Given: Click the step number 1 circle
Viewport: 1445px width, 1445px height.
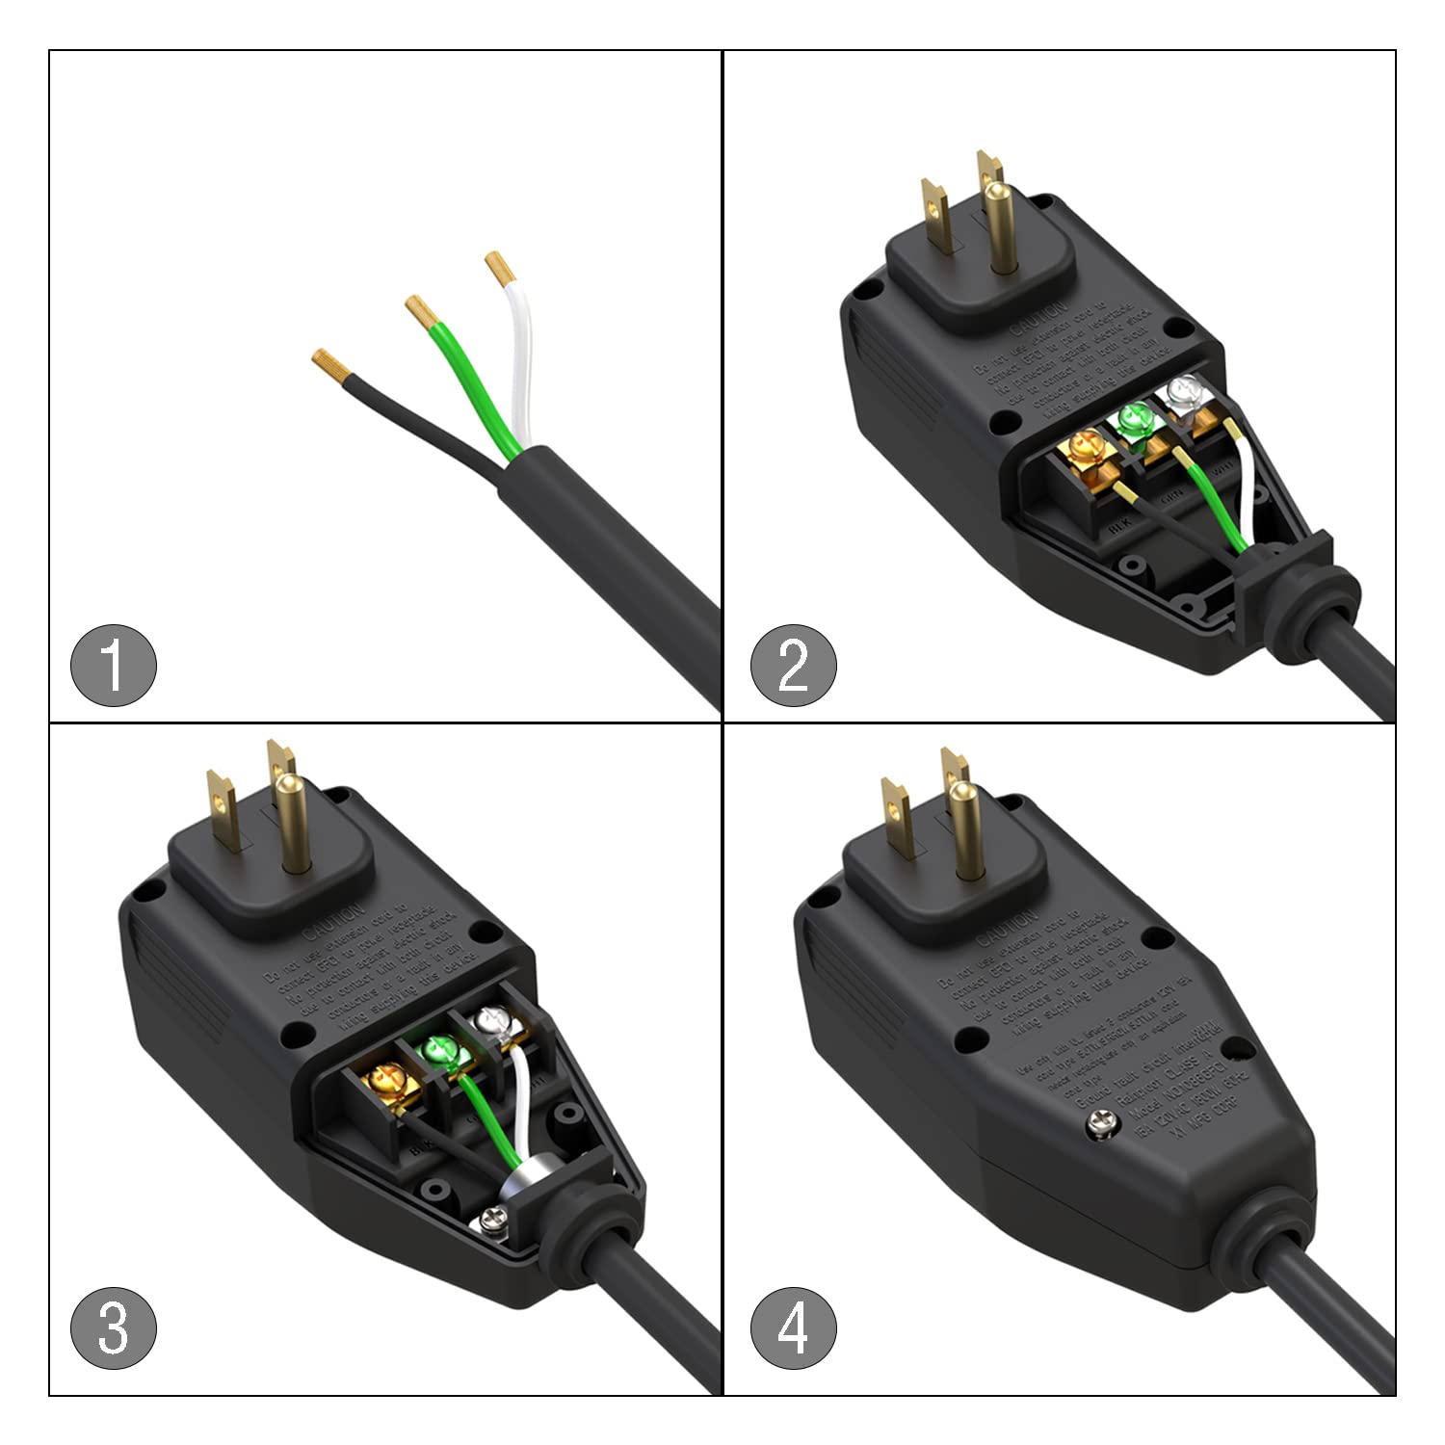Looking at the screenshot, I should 114,666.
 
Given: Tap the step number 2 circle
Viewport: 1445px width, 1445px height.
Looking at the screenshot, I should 794,665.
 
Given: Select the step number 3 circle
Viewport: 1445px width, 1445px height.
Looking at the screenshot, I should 114,1328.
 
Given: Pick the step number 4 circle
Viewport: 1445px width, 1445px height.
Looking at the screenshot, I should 794,1329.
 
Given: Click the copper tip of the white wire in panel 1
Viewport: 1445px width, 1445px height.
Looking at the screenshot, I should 498,267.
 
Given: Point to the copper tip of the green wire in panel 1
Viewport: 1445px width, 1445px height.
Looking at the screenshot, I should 419,309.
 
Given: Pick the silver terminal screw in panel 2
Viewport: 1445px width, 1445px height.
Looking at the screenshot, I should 1181,392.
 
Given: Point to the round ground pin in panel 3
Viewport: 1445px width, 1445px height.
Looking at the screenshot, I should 292,821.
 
